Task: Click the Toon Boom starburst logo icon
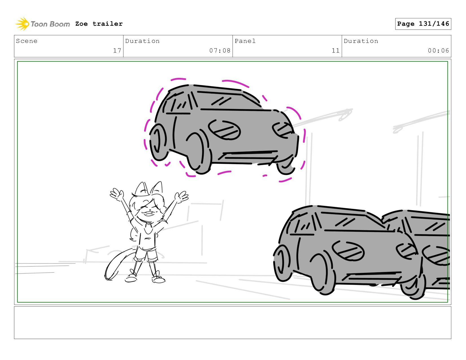coord(22,24)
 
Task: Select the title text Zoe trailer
coord(99,24)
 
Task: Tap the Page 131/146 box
coord(423,24)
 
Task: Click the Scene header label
coord(27,41)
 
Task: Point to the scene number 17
coord(117,50)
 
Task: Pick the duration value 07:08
coord(220,50)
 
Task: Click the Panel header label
coord(245,41)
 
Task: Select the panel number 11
coord(336,50)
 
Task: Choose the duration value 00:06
coord(438,50)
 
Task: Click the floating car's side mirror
coord(224,130)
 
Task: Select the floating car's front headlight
coord(283,130)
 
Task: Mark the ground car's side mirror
coord(348,250)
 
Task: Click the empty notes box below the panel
coord(233,323)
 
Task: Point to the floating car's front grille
coord(249,156)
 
